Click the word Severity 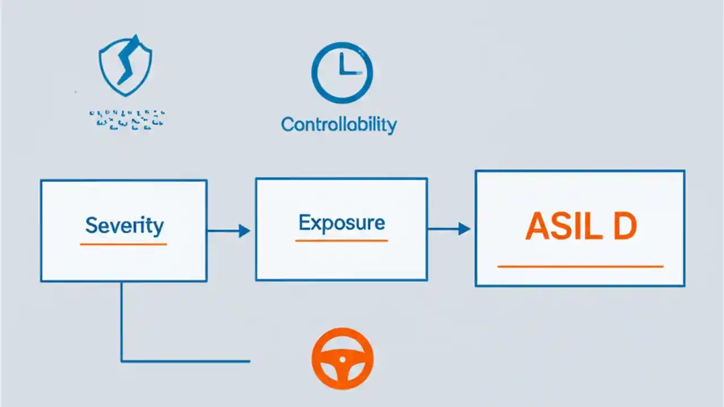click(x=124, y=226)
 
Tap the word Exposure click(x=342, y=222)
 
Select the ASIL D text click(x=580, y=227)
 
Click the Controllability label click(x=339, y=124)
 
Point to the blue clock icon click(x=342, y=73)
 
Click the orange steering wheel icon click(x=342, y=358)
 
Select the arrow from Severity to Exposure click(x=229, y=231)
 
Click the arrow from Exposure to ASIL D click(x=449, y=229)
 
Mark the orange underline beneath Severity click(x=123, y=244)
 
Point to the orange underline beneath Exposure click(x=342, y=241)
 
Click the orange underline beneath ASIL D click(x=580, y=266)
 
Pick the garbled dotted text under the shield click(x=127, y=118)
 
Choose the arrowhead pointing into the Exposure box click(x=244, y=231)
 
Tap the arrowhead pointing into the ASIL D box click(x=464, y=229)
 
